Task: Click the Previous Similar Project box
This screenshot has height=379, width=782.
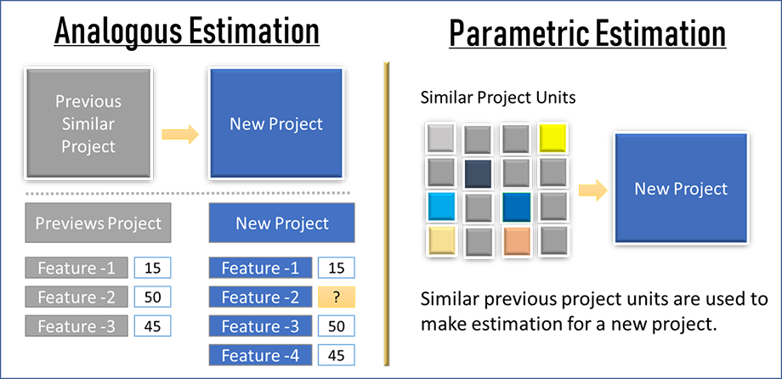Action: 88,124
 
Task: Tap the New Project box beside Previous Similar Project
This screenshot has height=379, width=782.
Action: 276,124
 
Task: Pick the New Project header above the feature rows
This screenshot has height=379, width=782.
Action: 282,224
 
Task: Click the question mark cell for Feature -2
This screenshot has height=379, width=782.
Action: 337,297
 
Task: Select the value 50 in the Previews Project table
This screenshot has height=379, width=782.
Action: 152,297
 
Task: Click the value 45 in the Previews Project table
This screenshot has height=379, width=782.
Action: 152,326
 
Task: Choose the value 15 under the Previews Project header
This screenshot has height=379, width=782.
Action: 152,269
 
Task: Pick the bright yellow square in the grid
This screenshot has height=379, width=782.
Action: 552,138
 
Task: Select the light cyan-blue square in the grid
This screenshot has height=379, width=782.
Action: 441,206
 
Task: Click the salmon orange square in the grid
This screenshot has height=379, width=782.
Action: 516,240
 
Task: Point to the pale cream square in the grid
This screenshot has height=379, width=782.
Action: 441,240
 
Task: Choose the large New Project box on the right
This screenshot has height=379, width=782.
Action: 681,189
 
